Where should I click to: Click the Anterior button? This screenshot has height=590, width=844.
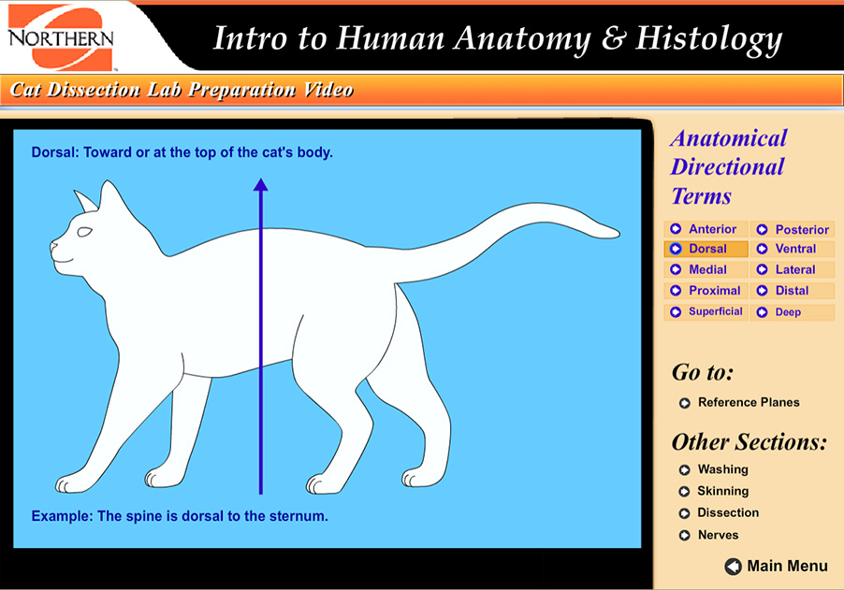tap(706, 229)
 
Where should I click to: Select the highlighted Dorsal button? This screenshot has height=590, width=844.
tap(706, 250)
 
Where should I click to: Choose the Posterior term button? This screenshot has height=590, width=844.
tap(793, 229)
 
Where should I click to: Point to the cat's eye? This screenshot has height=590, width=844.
tap(84, 231)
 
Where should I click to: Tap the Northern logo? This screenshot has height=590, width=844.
tap(61, 37)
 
